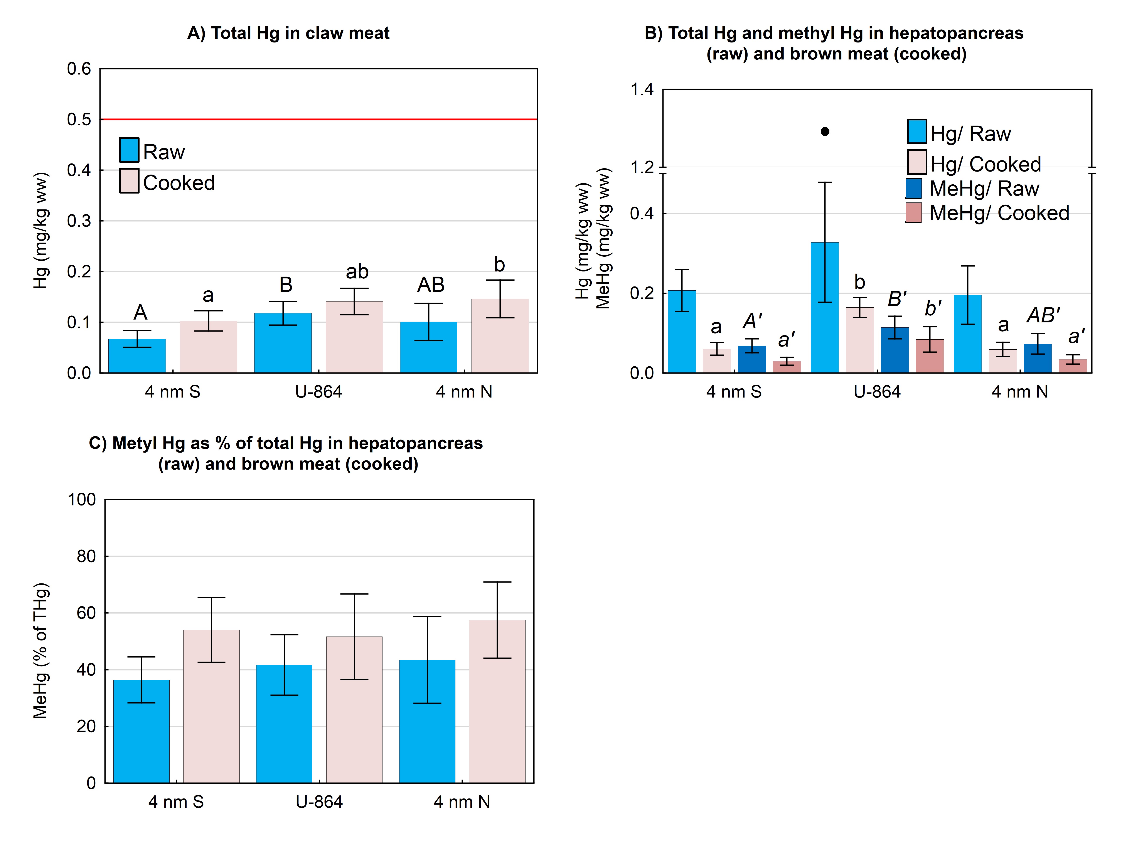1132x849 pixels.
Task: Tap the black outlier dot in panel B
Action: pyautogui.click(x=825, y=131)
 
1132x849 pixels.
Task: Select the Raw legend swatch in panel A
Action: pyautogui.click(x=129, y=150)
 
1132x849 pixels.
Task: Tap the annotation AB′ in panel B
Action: pyautogui.click(x=1043, y=315)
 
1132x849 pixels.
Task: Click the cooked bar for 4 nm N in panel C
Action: pyautogui.click(x=497, y=701)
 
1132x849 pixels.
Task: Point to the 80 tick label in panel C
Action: pyautogui.click(x=86, y=556)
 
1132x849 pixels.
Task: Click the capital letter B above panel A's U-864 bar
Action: pyautogui.click(x=286, y=285)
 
